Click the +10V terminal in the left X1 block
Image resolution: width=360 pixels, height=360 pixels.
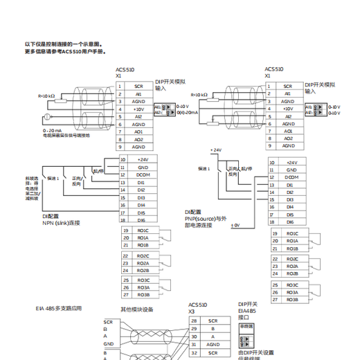139,109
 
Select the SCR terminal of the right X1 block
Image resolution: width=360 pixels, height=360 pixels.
288,86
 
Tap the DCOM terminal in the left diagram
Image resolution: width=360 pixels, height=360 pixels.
143,175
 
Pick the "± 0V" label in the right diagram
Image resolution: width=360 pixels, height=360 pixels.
235,226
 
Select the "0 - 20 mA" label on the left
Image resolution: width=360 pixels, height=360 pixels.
53,130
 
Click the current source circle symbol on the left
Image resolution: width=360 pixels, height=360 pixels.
46,116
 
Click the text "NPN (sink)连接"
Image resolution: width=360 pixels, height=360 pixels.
61,222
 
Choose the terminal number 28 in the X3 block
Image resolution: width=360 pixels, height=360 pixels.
193,321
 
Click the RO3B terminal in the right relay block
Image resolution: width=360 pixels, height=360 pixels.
292,299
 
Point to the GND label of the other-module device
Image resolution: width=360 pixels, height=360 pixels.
109,343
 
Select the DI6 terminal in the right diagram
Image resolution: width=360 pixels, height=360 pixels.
290,222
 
